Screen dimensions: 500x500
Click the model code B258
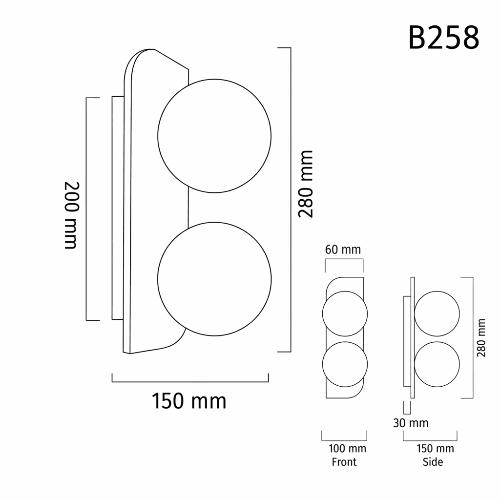coord(443,38)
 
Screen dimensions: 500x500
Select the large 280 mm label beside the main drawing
coord(306,184)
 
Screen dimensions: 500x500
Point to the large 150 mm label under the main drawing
coord(189,401)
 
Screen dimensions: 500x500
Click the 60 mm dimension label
coord(343,250)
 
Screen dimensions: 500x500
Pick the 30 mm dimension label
coord(411,423)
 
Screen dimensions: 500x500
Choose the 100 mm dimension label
coord(347,448)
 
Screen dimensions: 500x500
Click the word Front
coord(344,462)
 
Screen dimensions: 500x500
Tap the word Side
coord(433,462)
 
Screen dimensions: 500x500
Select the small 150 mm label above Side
coord(435,448)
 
